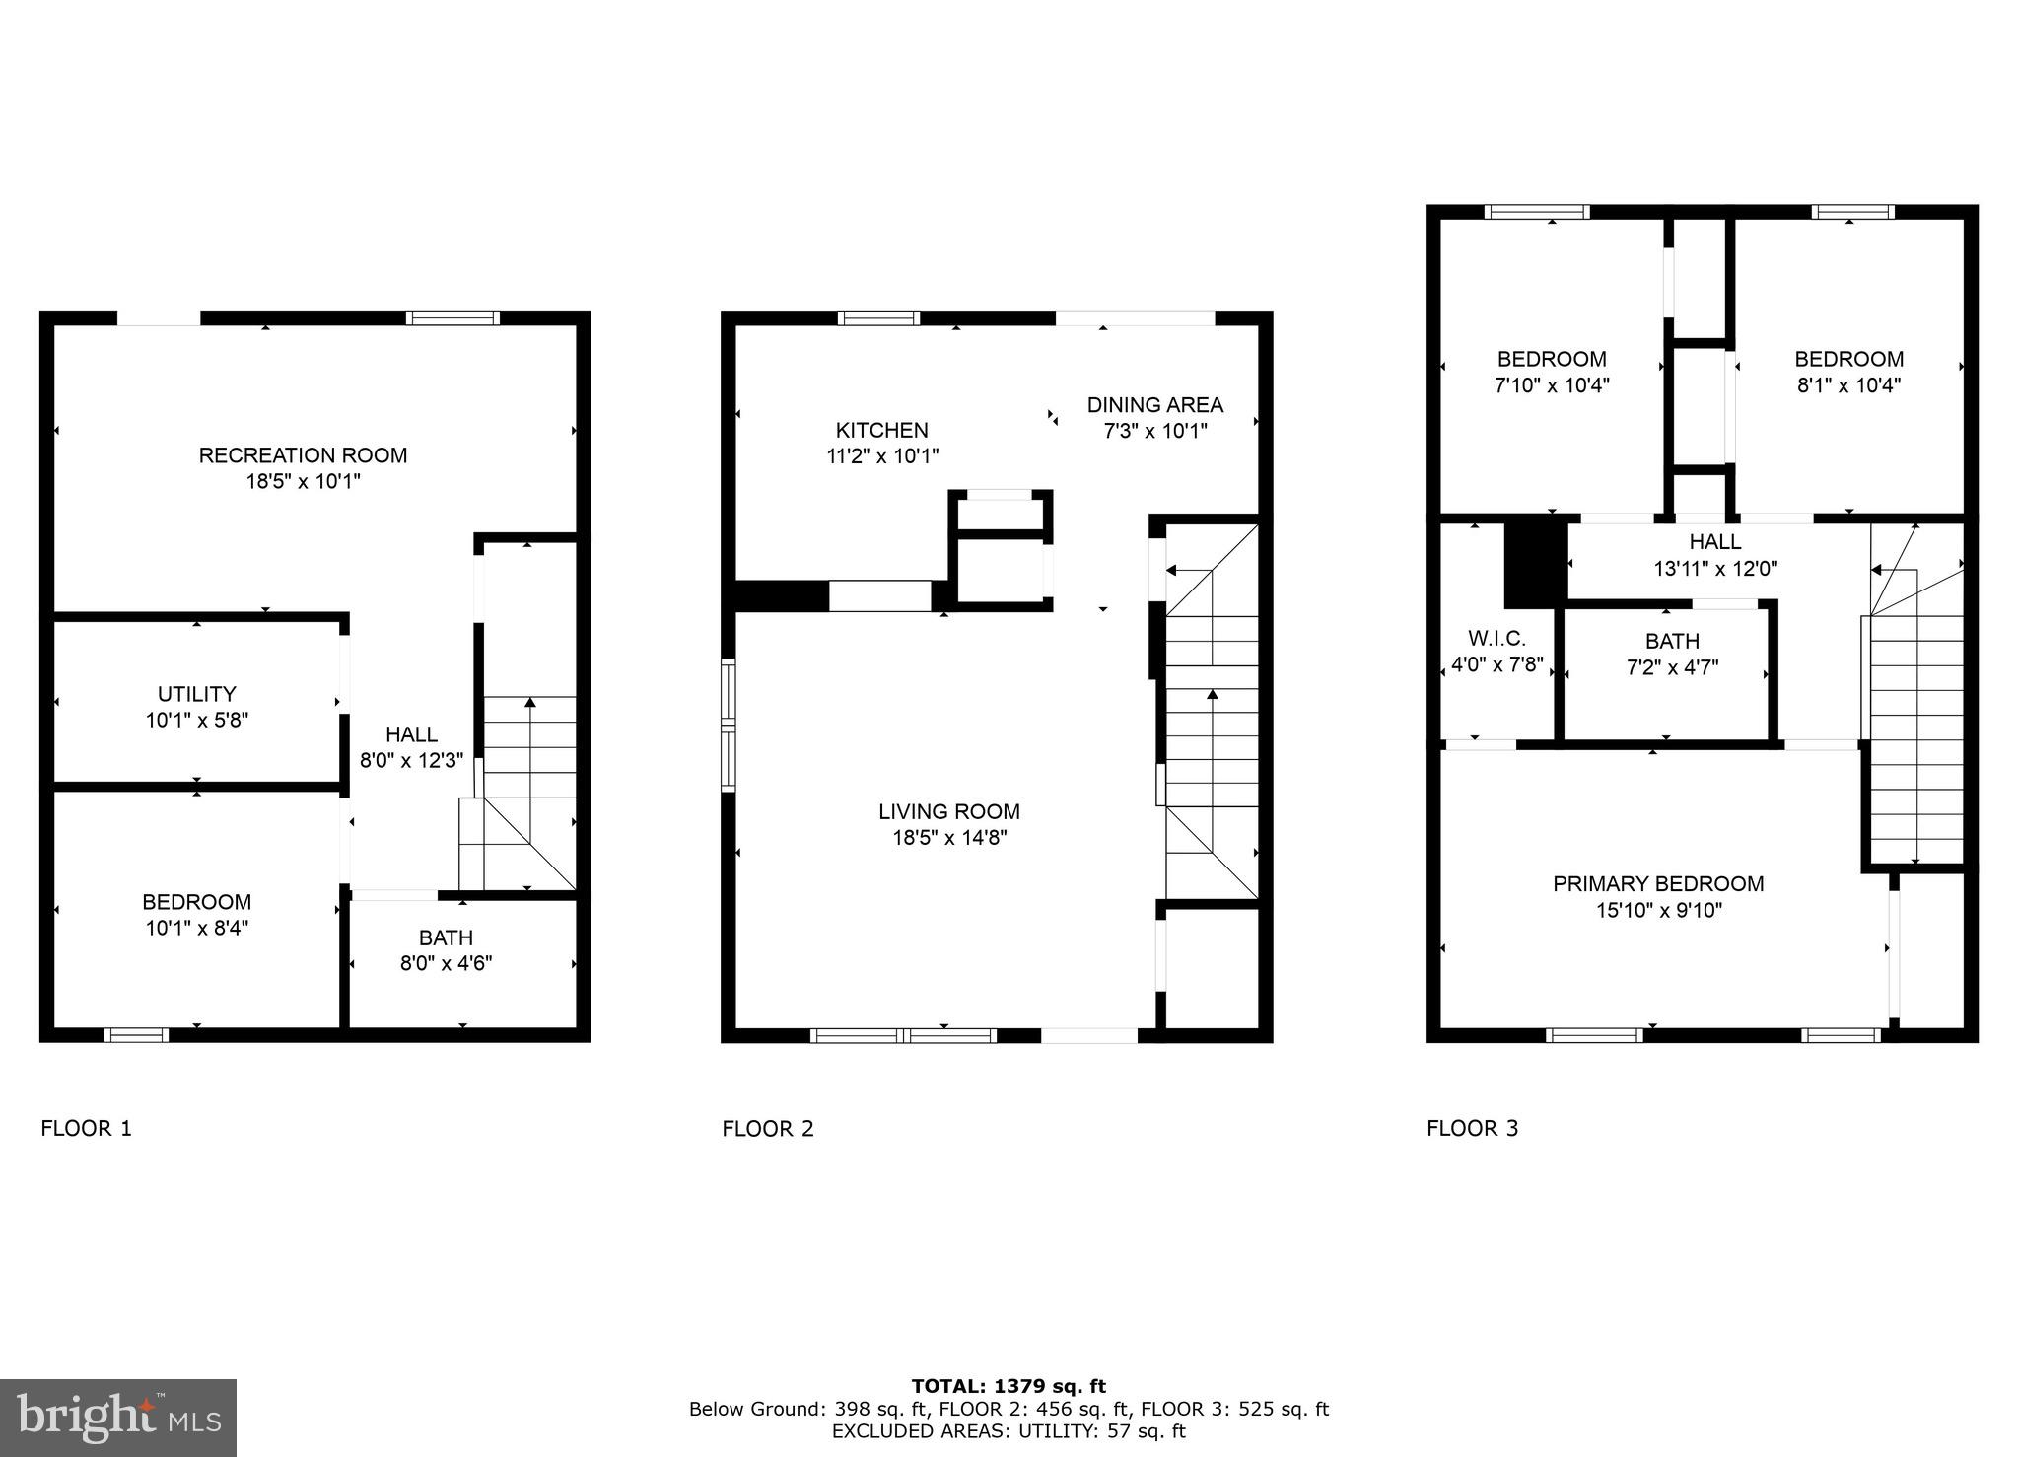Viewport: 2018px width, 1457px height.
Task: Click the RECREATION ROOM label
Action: (303, 455)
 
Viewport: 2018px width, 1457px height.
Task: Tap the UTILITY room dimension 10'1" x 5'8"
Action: (197, 721)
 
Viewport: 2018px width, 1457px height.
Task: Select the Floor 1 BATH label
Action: (446, 937)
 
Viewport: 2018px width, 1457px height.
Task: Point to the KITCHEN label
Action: (881, 430)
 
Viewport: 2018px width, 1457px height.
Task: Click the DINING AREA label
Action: (1154, 404)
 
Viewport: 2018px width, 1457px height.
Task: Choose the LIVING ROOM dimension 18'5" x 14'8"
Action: (948, 838)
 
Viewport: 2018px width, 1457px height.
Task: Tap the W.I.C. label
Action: (1496, 639)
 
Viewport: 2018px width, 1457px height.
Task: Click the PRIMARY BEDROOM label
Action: (1658, 884)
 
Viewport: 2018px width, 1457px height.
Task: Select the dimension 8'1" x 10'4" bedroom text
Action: (1847, 385)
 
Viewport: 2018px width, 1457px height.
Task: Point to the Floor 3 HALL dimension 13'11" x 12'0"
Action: (1715, 568)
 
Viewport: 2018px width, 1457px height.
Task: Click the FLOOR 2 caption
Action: (768, 1129)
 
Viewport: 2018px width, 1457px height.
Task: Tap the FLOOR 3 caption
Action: (1472, 1129)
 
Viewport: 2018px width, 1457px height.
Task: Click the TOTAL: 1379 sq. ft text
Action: (1009, 1387)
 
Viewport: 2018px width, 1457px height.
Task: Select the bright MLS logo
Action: (118, 1418)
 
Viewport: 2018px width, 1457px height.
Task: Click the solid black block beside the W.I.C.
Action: (1535, 563)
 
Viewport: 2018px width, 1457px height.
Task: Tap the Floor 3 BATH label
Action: (1672, 641)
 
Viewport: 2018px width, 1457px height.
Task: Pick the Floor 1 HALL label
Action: (411, 734)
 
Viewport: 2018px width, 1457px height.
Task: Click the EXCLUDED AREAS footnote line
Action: (1009, 1431)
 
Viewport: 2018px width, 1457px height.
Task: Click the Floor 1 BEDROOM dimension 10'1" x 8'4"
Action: (197, 928)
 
